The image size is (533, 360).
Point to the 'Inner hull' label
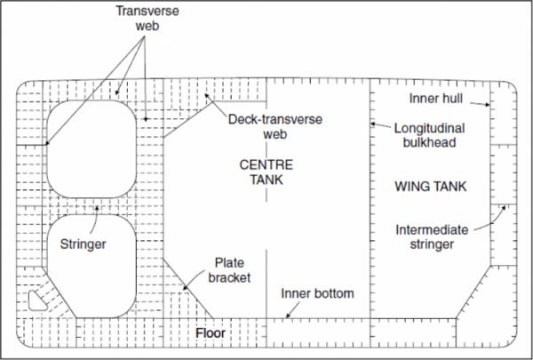437,97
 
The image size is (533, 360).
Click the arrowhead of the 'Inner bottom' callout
288,316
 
